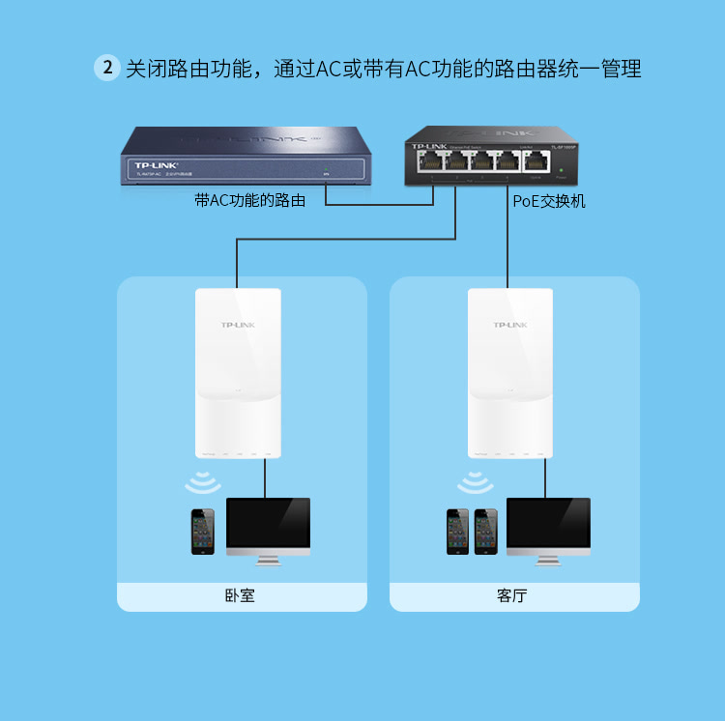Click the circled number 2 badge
pyautogui.click(x=107, y=69)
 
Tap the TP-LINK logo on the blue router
pyautogui.click(x=155, y=165)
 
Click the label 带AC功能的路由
pyautogui.click(x=250, y=201)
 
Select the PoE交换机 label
pyautogui.click(x=549, y=201)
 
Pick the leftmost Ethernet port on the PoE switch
pyautogui.click(x=427, y=159)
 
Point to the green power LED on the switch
pyautogui.click(x=561, y=170)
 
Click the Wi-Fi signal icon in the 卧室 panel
pyautogui.click(x=203, y=481)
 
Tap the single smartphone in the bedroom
pyautogui.click(x=203, y=531)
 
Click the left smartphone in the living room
pyautogui.click(x=457, y=531)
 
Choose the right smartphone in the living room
pyautogui.click(x=485, y=531)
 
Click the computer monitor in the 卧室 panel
pyautogui.click(x=268, y=525)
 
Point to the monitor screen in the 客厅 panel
pyautogui.click(x=548, y=523)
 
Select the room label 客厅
pyautogui.click(x=513, y=596)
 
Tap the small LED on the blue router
pyautogui.click(x=326, y=174)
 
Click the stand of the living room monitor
pyautogui.click(x=548, y=558)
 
